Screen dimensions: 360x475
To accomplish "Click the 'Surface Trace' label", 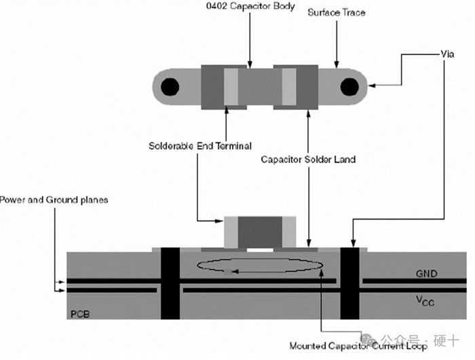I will [338, 13].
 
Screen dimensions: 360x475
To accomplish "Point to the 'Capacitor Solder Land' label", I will [309, 160].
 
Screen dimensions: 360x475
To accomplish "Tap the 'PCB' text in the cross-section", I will [79, 315].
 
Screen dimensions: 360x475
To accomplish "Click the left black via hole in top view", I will [169, 87].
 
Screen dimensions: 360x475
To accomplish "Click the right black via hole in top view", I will [350, 87].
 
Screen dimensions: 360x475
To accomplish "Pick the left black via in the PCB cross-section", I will [170, 284].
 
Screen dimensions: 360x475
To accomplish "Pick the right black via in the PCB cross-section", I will [351, 284].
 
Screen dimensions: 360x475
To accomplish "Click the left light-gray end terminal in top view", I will [231, 88].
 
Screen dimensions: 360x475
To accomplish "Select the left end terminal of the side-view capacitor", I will [231, 233].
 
